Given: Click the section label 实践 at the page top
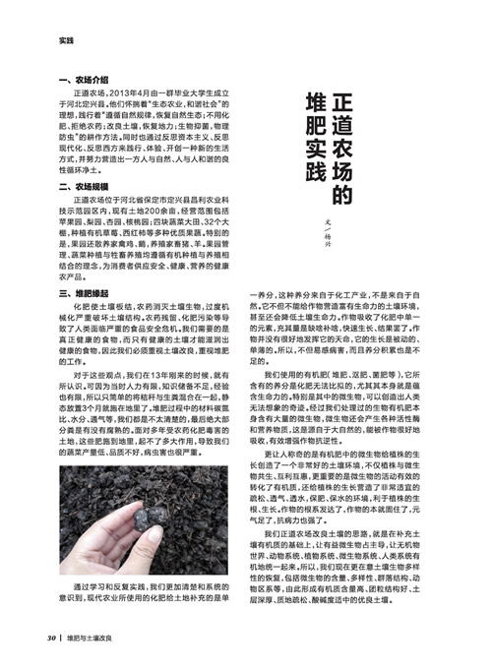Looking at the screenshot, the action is [x=66, y=40].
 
